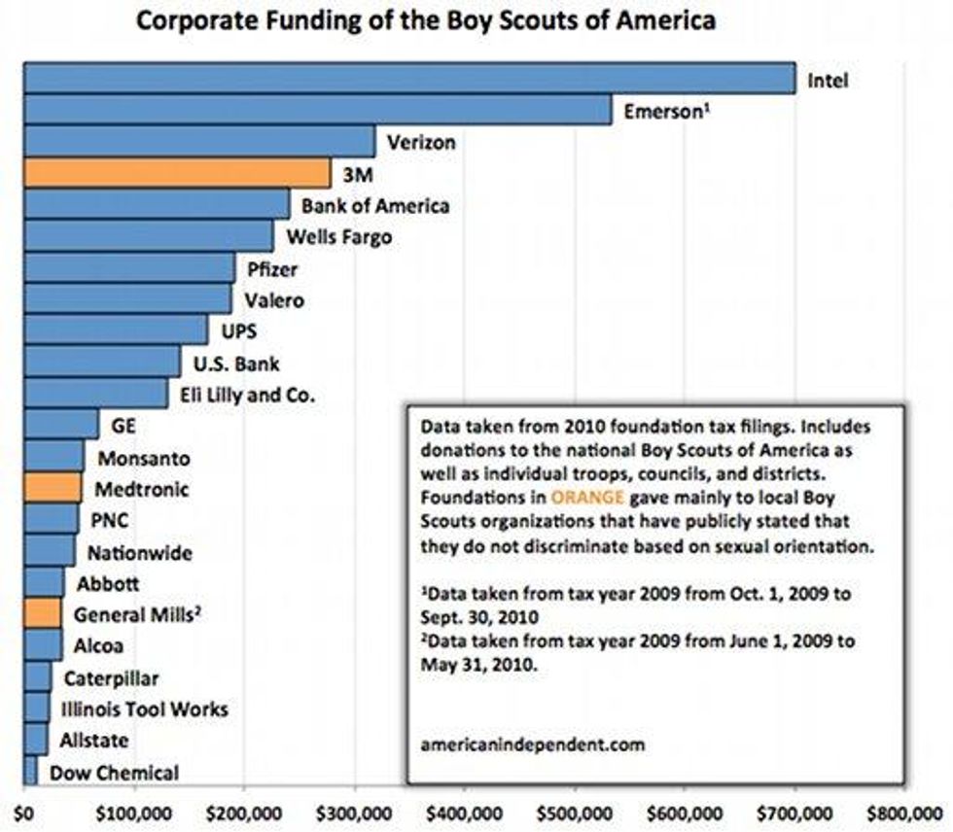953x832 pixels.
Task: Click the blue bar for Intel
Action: tap(408, 79)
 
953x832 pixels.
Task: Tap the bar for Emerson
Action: tap(317, 110)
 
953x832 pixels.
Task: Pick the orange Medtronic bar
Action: tap(53, 488)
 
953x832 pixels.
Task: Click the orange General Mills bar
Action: tap(42, 612)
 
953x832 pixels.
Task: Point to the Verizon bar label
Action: tap(421, 143)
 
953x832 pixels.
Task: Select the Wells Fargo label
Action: tap(339, 236)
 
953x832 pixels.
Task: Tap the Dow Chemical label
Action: tap(115, 773)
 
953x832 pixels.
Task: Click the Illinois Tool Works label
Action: tap(144, 709)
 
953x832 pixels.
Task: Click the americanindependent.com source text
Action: tap(532, 745)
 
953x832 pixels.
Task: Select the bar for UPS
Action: tap(115, 330)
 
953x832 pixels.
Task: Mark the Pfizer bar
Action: tap(128, 267)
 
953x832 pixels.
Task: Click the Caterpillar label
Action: tap(111, 677)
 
